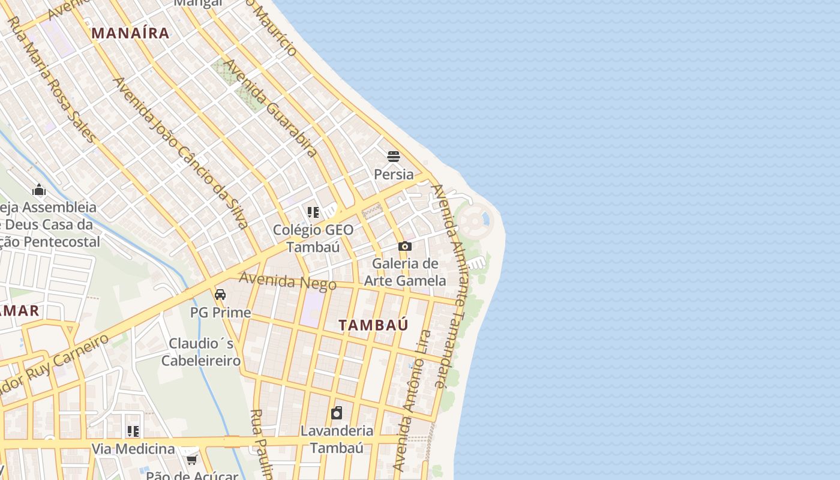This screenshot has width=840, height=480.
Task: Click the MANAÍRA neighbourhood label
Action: [131, 33]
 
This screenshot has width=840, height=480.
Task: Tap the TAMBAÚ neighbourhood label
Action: [373, 325]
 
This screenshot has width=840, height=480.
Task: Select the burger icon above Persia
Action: [394, 157]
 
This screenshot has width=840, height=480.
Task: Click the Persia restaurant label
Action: [394, 175]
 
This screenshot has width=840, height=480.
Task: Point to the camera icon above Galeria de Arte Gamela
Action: [405, 246]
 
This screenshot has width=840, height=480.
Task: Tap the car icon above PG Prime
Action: [220, 295]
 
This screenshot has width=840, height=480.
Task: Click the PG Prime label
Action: [220, 313]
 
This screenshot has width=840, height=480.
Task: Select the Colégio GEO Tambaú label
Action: [313, 238]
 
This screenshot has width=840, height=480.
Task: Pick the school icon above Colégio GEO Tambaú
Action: [313, 212]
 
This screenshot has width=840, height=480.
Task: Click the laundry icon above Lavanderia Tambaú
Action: [337, 413]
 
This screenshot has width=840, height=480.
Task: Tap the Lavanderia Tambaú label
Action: [337, 439]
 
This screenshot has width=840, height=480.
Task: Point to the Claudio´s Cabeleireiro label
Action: [201, 352]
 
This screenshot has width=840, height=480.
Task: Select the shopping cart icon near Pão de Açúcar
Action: [191, 460]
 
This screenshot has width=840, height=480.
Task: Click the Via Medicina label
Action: [133, 449]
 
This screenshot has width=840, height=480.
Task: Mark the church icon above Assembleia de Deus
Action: [40, 190]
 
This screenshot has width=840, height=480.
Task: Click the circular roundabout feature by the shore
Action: [474, 221]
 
